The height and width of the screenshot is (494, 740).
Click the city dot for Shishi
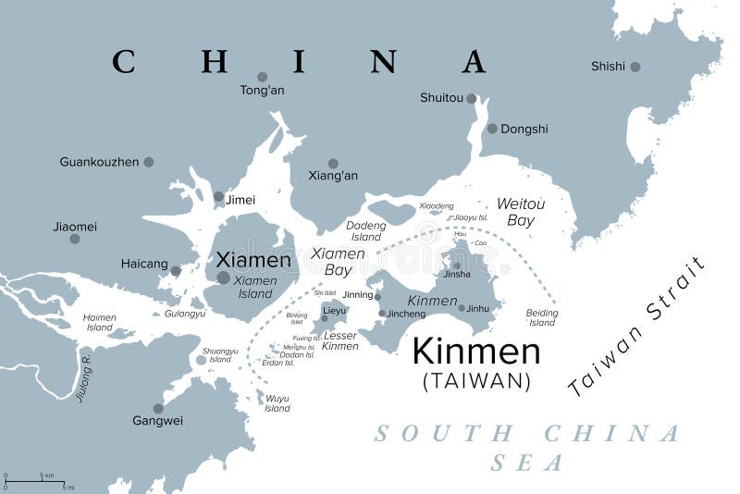pos(635,67)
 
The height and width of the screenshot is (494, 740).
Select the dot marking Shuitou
pos(472,98)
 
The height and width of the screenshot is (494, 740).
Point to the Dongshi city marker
pos(492,129)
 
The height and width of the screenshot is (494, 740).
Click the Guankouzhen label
pos(99,162)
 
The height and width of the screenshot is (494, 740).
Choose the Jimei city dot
pos(218,196)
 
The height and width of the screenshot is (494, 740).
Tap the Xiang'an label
pos(333,176)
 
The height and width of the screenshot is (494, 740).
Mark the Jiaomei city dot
pos(75,239)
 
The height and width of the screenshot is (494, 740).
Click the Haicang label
pos(144,265)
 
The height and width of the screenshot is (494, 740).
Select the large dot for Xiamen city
pos(224,278)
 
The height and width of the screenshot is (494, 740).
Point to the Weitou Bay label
pos(521,212)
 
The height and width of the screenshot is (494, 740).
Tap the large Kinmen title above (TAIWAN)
pos(475,352)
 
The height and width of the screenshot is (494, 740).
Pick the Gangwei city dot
pos(158,408)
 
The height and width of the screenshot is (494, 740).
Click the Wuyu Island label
pos(277,403)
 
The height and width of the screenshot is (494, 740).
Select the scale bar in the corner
pos(37,481)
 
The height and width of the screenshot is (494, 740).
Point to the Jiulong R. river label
pos(84,378)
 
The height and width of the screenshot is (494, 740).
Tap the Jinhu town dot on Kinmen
pos(462,308)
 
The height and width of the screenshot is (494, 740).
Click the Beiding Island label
pos(542,317)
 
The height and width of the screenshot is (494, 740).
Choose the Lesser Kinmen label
pos(339,340)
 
